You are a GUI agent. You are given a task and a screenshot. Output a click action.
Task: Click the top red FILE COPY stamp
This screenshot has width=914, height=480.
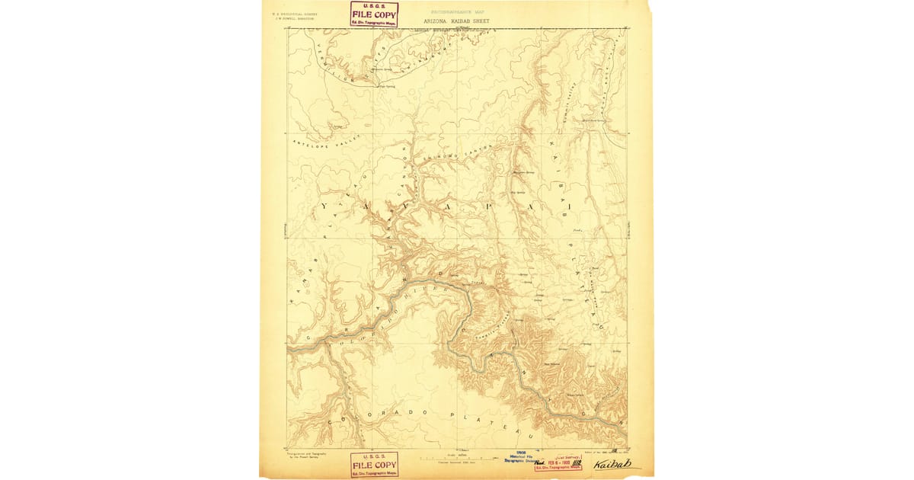tap(374, 14)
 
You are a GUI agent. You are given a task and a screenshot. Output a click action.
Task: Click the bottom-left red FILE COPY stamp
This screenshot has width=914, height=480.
tap(374, 464)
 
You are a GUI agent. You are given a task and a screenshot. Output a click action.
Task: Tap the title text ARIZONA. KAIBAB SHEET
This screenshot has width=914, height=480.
tap(456, 21)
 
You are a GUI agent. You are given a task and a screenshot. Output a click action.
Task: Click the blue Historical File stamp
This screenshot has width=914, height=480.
tap(523, 459)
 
